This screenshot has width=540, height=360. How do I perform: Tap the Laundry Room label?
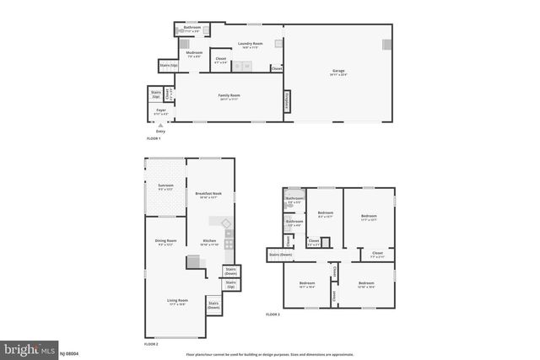pos(251,45)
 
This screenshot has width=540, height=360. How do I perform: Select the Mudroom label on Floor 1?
pos(194,54)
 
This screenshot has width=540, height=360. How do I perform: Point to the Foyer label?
pos(160,110)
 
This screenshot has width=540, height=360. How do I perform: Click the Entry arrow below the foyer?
pos(160,126)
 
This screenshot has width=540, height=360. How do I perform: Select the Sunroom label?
pos(165,186)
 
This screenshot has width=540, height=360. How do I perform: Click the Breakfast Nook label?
pos(208,194)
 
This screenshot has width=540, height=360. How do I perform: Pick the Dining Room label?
pos(165,242)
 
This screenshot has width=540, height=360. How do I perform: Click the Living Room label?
pos(176,302)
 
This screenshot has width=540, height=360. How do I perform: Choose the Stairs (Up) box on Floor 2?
pos(230,283)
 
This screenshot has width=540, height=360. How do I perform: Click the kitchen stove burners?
pos(229,244)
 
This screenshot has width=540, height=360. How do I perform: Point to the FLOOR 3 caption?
pos(273,314)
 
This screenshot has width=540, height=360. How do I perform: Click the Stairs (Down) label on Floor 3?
pos(280,254)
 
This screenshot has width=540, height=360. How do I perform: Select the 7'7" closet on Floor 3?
pos(377,254)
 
